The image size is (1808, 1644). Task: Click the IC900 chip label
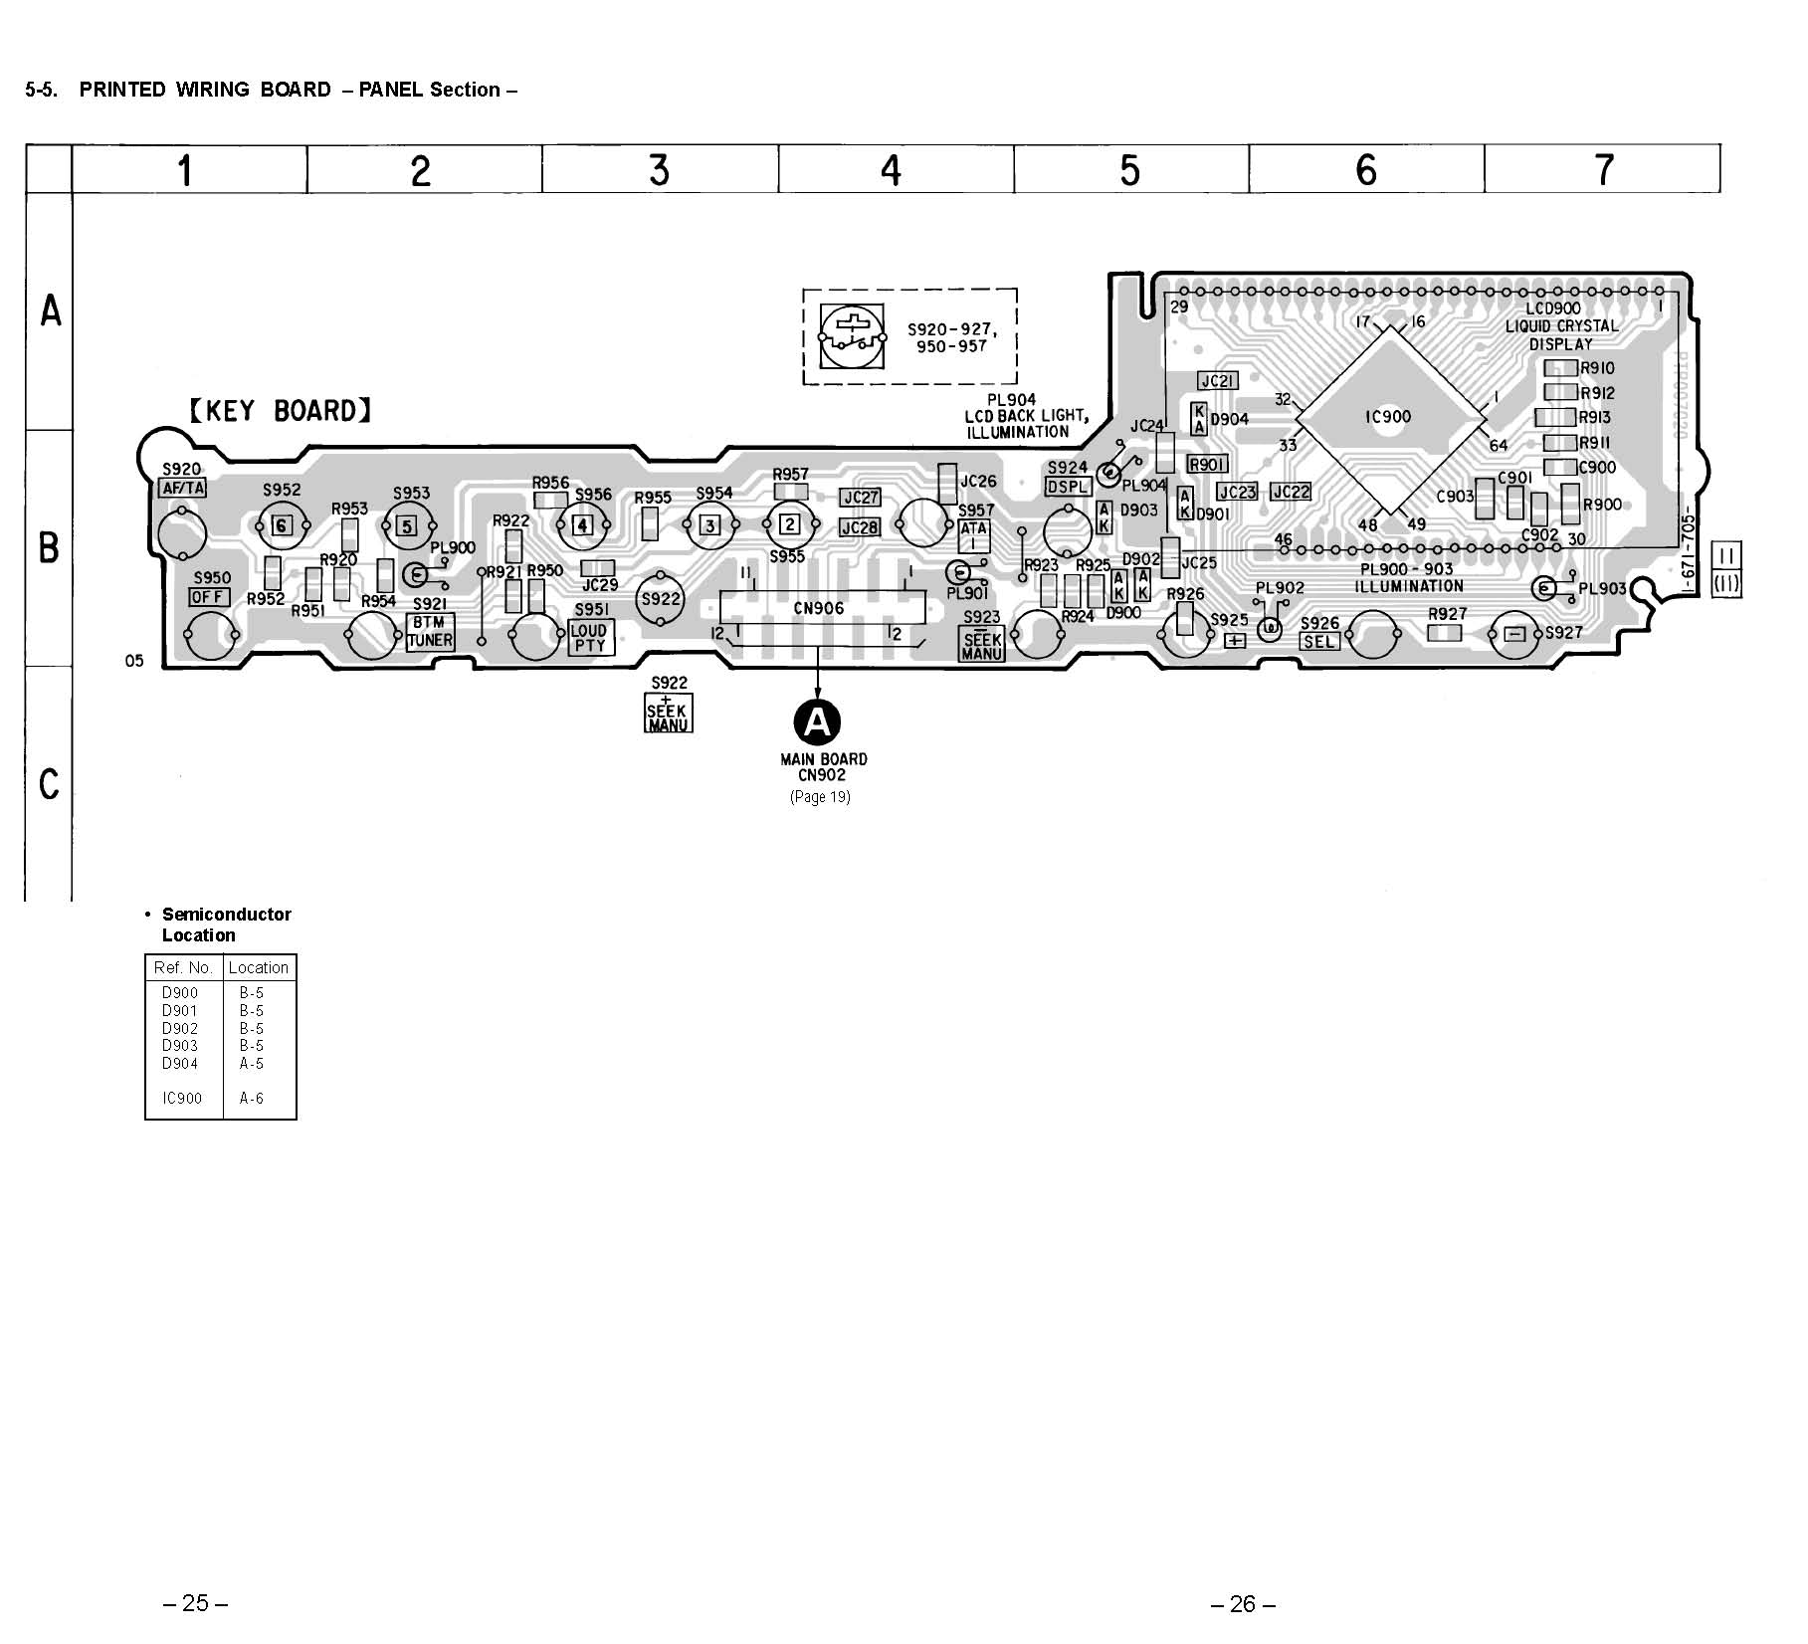click(x=1387, y=417)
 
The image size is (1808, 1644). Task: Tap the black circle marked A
click(x=817, y=721)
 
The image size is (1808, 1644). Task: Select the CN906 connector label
click(x=818, y=608)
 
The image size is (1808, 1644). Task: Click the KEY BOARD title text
click(x=281, y=411)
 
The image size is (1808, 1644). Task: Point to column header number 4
click(x=892, y=170)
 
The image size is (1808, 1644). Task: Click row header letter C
click(x=49, y=784)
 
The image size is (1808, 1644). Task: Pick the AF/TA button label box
click(x=183, y=488)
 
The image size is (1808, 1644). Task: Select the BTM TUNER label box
click(x=430, y=632)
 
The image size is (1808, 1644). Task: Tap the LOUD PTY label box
click(x=590, y=638)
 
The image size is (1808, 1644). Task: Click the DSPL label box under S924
click(x=1068, y=487)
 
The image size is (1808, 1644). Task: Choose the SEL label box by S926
click(x=1319, y=642)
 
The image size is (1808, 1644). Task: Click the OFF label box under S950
click(x=209, y=597)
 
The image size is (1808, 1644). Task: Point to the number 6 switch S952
click(x=283, y=525)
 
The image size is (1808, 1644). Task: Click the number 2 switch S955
click(x=789, y=523)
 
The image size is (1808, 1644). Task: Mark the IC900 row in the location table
click(x=220, y=1099)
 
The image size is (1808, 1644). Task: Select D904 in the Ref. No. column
click(x=180, y=1063)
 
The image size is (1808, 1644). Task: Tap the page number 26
click(x=1243, y=1603)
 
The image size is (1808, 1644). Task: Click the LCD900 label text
click(x=1552, y=308)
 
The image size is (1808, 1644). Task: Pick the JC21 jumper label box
click(x=1217, y=381)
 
